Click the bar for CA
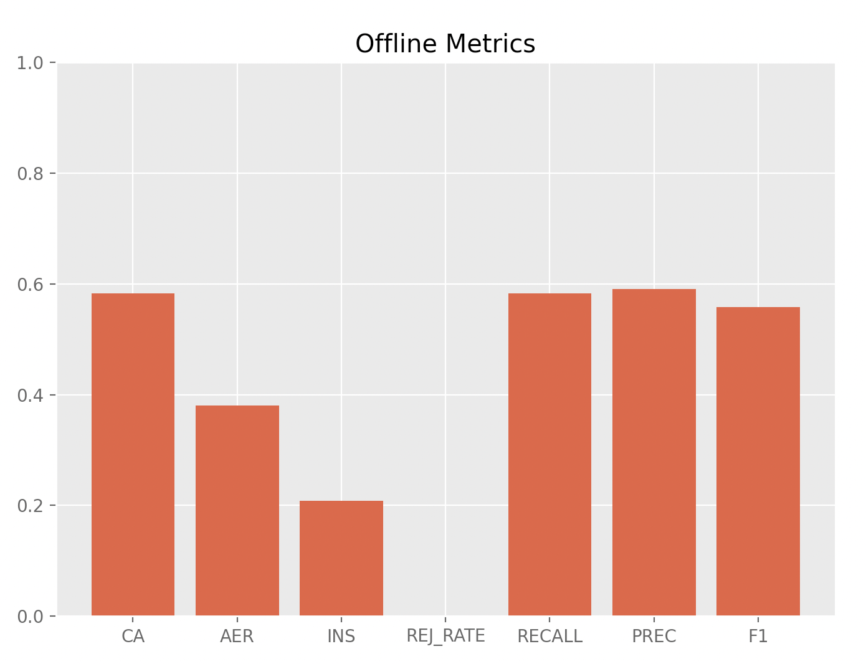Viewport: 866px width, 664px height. click(133, 455)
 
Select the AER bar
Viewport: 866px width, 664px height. click(237, 511)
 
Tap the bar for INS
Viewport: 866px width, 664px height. click(341, 558)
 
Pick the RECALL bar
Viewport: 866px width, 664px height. click(550, 455)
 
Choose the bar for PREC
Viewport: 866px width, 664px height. click(654, 452)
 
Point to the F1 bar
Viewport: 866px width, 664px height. click(758, 462)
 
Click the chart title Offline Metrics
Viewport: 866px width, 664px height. click(445, 44)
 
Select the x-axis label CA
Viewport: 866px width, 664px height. click(133, 637)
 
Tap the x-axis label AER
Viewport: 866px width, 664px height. click(237, 637)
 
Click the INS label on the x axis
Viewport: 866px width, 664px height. click(341, 637)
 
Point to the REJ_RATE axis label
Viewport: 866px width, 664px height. click(445, 637)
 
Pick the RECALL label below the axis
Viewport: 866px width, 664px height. click(550, 637)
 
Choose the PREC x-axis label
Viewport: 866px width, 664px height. click(654, 637)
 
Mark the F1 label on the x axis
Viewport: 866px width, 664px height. click(758, 637)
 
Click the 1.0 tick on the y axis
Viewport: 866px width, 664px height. click(29, 64)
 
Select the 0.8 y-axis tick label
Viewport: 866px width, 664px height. click(29, 174)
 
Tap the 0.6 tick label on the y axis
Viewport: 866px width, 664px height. click(29, 285)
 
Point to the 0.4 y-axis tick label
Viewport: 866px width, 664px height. click(29, 396)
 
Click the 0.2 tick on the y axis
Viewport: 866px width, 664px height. click(29, 506)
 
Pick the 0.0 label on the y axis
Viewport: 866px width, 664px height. click(29, 617)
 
